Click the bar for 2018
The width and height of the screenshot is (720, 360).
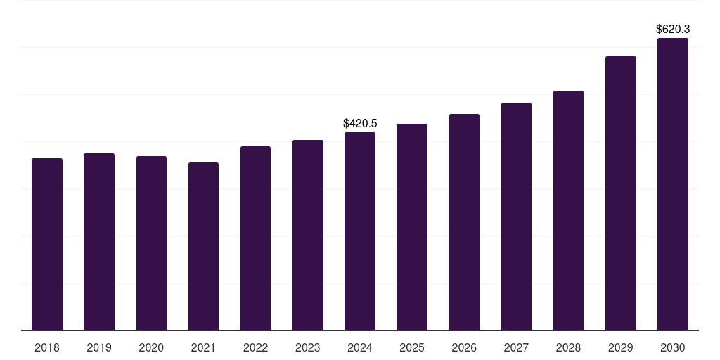pyautogui.click(x=47, y=244)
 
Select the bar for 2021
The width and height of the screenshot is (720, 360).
pyautogui.click(x=203, y=247)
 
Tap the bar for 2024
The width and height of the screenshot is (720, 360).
pyautogui.click(x=360, y=231)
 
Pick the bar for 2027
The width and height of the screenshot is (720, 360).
pyautogui.click(x=516, y=217)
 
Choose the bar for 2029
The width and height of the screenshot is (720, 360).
pyautogui.click(x=621, y=193)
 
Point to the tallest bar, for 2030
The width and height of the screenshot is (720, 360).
pyautogui.click(x=673, y=184)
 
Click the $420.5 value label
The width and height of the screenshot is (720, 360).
pyautogui.click(x=360, y=123)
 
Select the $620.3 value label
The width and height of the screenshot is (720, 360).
pyautogui.click(x=673, y=30)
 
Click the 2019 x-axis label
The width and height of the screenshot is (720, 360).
pyautogui.click(x=99, y=347)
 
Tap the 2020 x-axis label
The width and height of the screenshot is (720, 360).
pyautogui.click(x=151, y=347)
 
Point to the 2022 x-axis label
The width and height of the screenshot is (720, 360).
pyautogui.click(x=255, y=347)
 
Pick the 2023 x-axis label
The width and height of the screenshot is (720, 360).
pyautogui.click(x=308, y=347)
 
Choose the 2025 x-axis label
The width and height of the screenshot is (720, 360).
pyautogui.click(x=412, y=347)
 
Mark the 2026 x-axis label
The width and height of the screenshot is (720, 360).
pyautogui.click(x=464, y=347)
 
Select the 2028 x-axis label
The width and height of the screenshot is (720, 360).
pyautogui.click(x=568, y=347)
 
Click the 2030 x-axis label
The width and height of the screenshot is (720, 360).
pyautogui.click(x=673, y=347)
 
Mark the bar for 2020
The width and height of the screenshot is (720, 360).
pyautogui.click(x=152, y=243)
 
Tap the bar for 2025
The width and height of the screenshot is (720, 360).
pyautogui.click(x=412, y=227)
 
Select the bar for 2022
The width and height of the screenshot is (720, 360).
pyautogui.click(x=255, y=238)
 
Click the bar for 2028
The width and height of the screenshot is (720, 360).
pyautogui.click(x=568, y=211)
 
